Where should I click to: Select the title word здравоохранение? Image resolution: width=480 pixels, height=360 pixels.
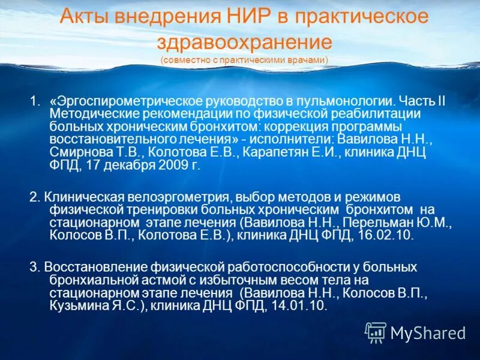pos(244,41)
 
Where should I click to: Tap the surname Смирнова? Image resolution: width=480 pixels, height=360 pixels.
pos(77,152)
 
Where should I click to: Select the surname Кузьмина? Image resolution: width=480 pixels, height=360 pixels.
pos(75,305)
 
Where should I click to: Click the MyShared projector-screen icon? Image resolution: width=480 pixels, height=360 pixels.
pos(376,332)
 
